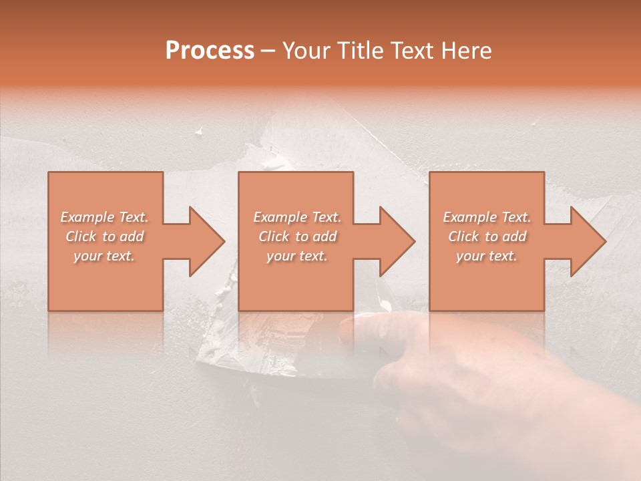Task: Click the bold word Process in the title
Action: [210, 51]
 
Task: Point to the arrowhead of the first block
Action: [206, 241]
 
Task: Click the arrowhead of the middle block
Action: [397, 241]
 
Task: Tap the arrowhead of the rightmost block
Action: [588, 241]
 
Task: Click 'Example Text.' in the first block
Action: [104, 217]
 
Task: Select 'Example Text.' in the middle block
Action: [296, 217]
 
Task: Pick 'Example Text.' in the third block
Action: [487, 217]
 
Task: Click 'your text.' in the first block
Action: [104, 256]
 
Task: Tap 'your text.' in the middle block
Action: [296, 256]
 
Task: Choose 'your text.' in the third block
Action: [487, 256]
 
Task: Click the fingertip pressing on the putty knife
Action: [354, 327]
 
